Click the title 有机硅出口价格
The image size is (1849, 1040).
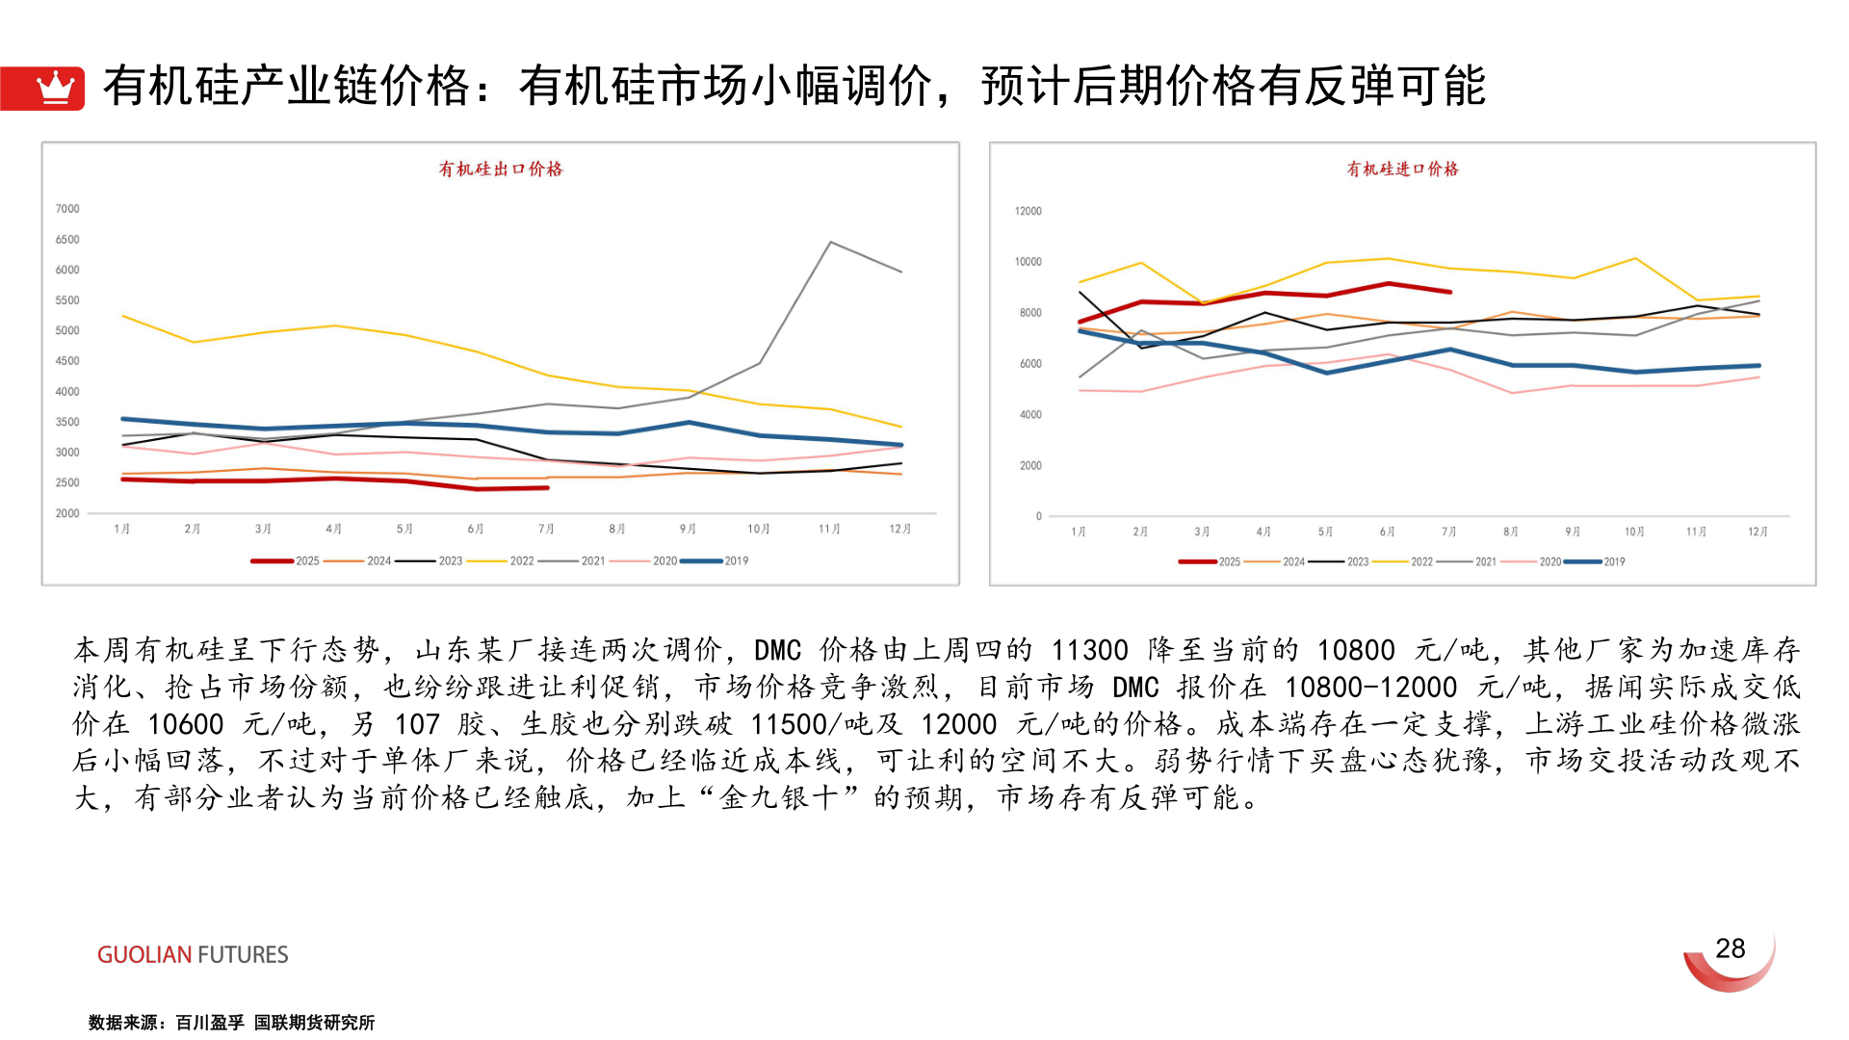[x=501, y=169]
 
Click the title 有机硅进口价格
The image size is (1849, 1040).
[x=1402, y=169]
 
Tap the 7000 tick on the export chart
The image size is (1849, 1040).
[x=67, y=209]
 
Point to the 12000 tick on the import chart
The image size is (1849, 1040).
[x=1028, y=211]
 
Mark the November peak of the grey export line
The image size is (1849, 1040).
[x=830, y=243]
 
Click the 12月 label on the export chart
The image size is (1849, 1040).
[x=899, y=530]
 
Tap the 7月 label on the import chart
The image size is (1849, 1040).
[x=1448, y=533]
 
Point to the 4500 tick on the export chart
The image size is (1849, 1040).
[x=67, y=361]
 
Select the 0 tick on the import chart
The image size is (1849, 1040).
[x=1038, y=517]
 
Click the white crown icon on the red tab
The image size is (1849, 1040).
[x=55, y=88]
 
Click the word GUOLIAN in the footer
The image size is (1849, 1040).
[x=144, y=955]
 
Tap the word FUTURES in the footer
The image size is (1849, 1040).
[x=243, y=955]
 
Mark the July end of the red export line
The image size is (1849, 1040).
[x=547, y=488]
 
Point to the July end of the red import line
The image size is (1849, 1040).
[x=1449, y=292]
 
